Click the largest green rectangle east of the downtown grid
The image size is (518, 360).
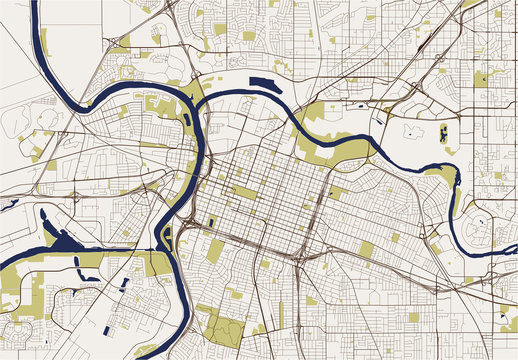(x=365, y=249)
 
